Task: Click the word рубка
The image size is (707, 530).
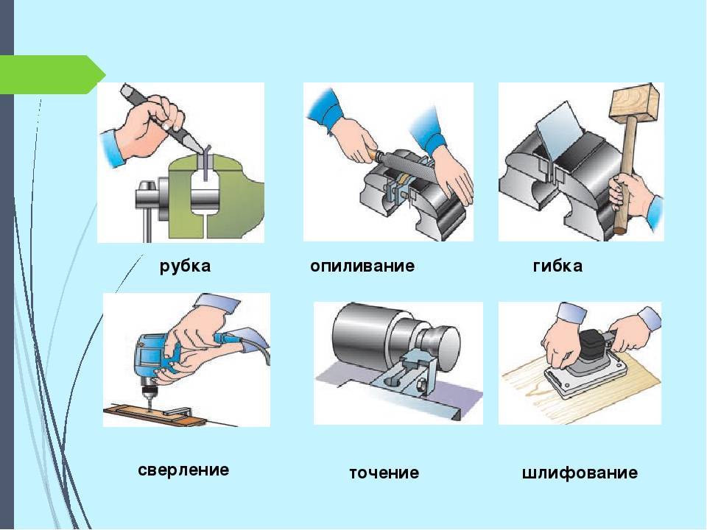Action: coord(185,266)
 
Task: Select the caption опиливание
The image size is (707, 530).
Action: coord(362,266)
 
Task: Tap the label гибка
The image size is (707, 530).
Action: coord(557,266)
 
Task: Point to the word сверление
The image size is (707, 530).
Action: coord(183,470)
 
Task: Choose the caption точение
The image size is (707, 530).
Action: coord(384,473)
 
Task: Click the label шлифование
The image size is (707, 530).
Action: coord(580,473)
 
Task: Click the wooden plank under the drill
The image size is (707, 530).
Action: coord(153,415)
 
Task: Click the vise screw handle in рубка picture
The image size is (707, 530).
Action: coord(147,212)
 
